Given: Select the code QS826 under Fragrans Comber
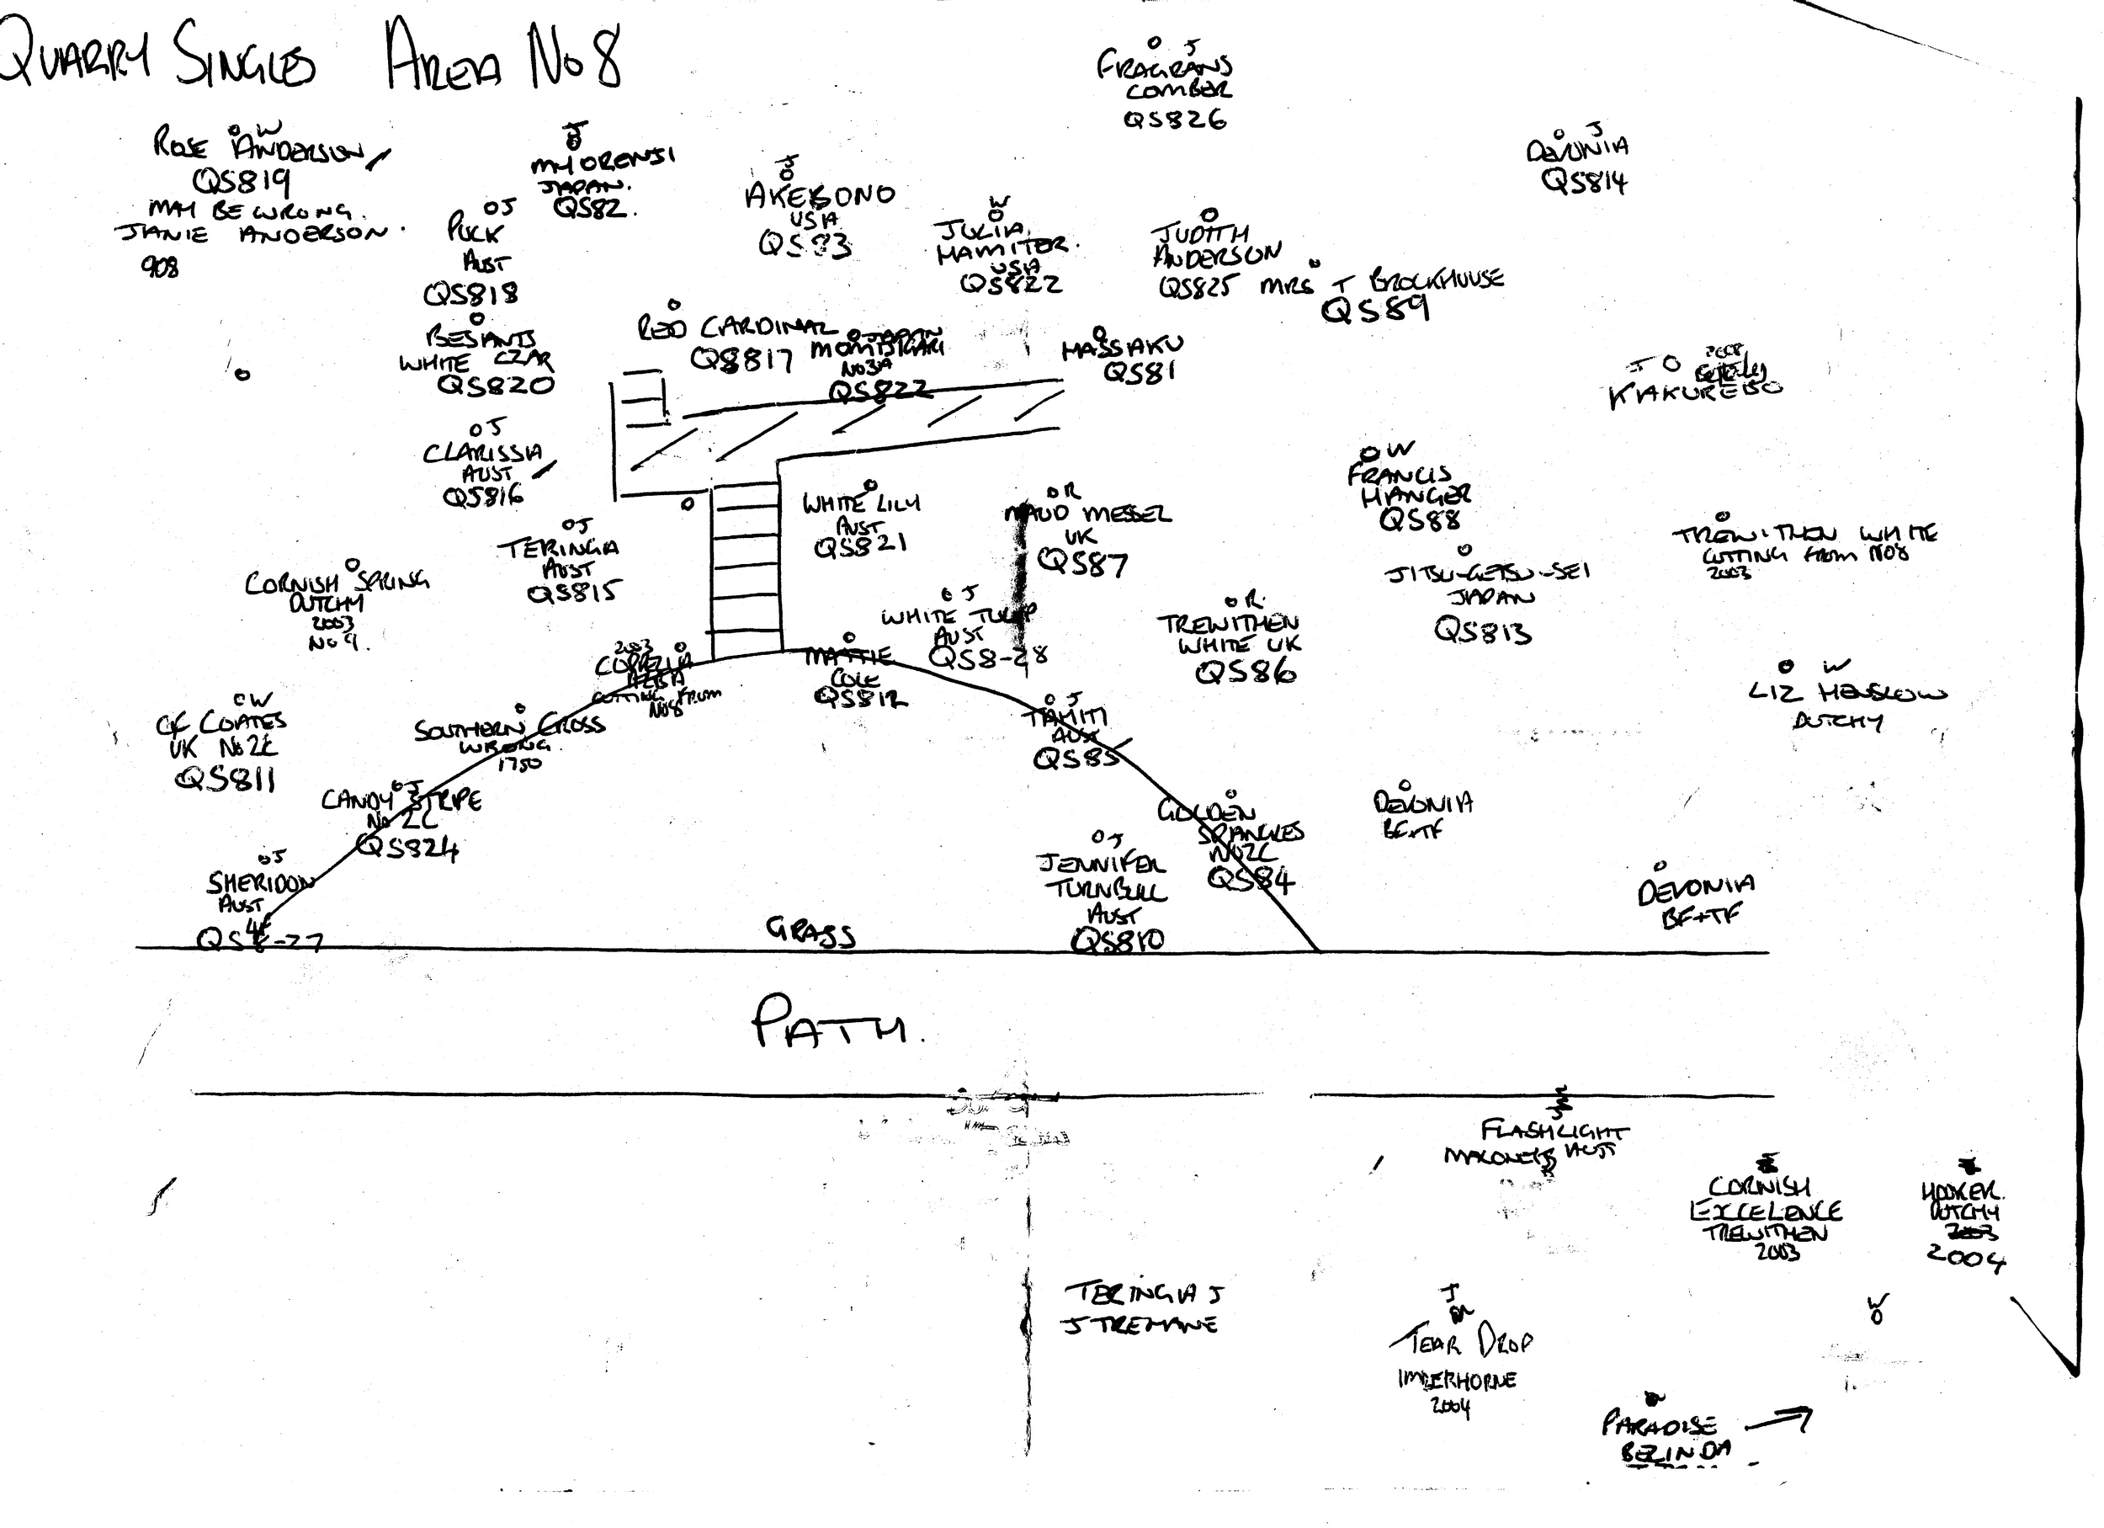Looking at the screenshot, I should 1175,120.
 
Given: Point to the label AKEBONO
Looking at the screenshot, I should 820,194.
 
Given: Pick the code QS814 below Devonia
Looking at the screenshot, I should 1584,180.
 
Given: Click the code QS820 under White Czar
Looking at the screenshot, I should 497,384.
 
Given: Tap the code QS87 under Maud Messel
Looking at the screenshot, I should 1082,562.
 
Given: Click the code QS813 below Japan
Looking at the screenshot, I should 1482,631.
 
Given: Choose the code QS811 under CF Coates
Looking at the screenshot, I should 226,779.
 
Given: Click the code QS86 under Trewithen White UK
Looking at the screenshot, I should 1245,672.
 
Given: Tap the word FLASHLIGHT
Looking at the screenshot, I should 1553,1131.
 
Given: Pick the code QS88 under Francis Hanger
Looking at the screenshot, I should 1420,519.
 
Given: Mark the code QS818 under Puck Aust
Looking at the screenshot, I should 470,294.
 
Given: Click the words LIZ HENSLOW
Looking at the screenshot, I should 1847,692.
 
